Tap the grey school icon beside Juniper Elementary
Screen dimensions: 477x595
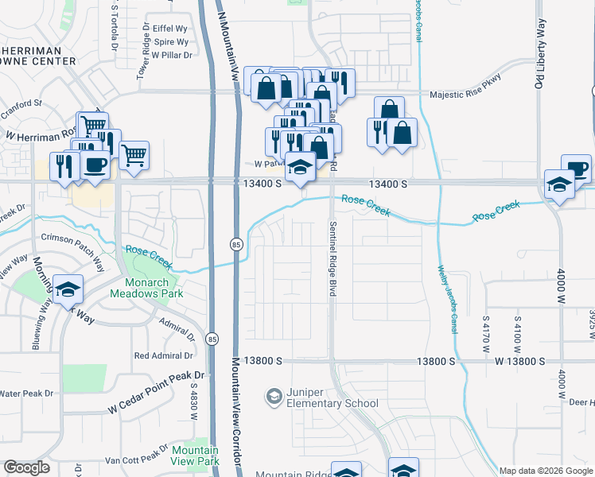pos(274,396)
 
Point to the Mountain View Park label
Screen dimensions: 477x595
pos(195,456)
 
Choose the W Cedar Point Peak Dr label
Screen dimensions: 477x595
pos(157,393)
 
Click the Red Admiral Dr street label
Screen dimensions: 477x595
pos(164,355)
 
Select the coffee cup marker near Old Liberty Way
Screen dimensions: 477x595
pos(576,169)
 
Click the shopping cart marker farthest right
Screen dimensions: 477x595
pos(134,155)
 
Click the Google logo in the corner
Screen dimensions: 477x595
pos(26,467)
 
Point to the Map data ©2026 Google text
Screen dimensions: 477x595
pos(546,471)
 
